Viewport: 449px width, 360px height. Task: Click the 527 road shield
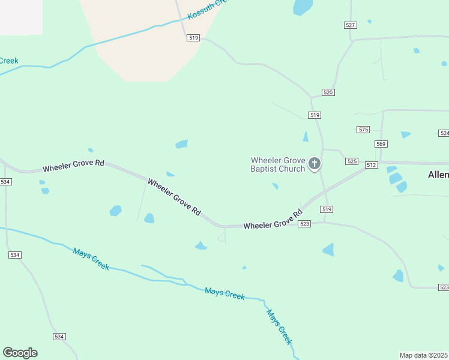click(351, 25)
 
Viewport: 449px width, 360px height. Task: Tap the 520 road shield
click(328, 92)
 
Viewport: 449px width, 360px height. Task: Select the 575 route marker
click(363, 130)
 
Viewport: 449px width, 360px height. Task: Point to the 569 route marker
click(381, 144)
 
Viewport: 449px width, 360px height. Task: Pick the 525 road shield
click(352, 162)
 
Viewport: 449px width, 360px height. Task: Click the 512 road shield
click(371, 165)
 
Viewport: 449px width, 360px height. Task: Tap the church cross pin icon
click(314, 164)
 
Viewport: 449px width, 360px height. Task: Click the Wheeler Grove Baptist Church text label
click(278, 164)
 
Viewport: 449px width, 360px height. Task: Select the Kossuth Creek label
click(208, 10)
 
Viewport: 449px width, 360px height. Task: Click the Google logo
click(20, 353)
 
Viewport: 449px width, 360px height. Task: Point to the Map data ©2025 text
click(424, 355)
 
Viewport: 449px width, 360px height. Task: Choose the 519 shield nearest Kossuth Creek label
click(193, 37)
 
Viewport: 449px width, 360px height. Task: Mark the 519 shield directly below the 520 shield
click(315, 115)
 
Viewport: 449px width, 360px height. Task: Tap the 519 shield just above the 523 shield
click(326, 209)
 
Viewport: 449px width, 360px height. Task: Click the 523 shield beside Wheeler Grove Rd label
click(304, 224)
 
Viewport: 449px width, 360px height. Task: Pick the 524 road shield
click(444, 133)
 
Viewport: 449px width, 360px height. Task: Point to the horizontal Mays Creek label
click(224, 293)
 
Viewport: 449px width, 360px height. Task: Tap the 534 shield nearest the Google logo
click(59, 337)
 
